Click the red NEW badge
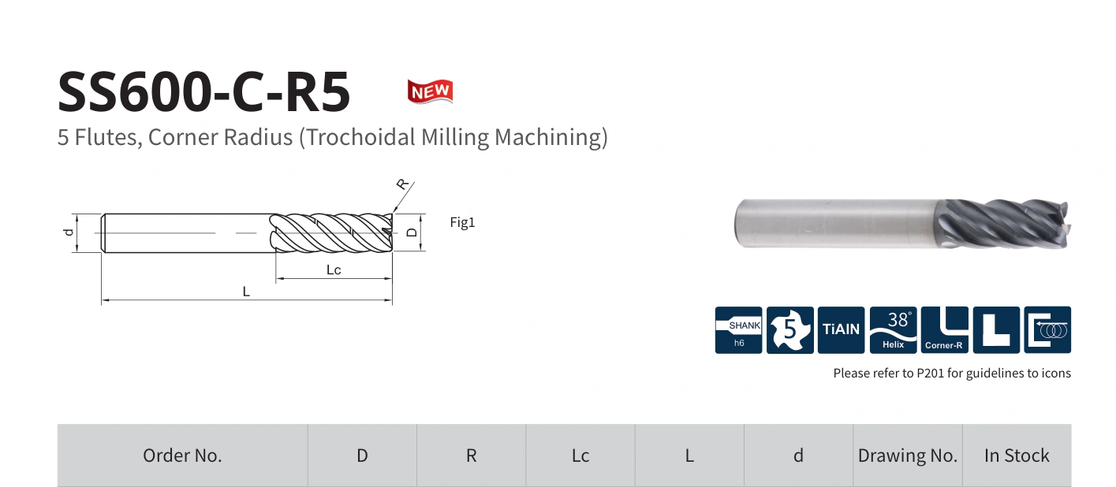pyautogui.click(x=430, y=91)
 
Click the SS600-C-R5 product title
pyautogui.click(x=203, y=91)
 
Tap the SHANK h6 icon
pyautogui.click(x=738, y=330)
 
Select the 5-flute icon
pyautogui.click(x=789, y=330)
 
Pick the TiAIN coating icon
pyautogui.click(x=841, y=330)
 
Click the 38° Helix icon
pyautogui.click(x=893, y=330)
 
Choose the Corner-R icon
pyautogui.click(x=945, y=330)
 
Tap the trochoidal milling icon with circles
pyautogui.click(x=1047, y=330)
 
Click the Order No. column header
pyautogui.click(x=182, y=455)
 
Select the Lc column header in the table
pyautogui.click(x=580, y=455)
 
